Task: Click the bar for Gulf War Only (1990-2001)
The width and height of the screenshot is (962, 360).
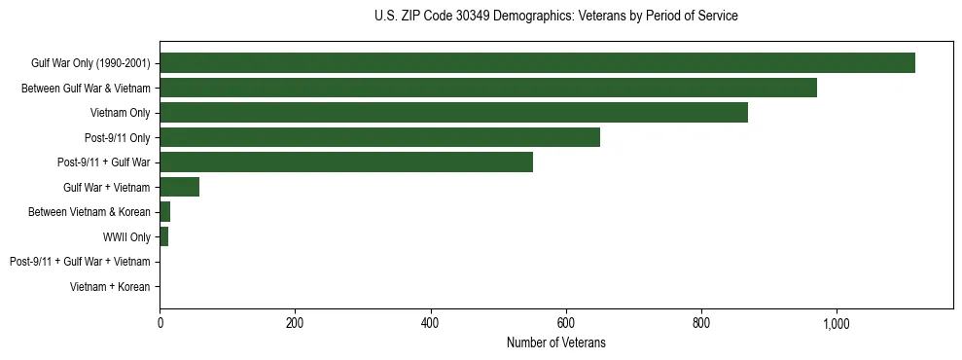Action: pyautogui.click(x=537, y=63)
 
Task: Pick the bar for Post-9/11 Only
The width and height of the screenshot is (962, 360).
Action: pyautogui.click(x=379, y=137)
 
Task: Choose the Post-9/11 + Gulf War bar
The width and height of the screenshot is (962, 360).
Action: pyautogui.click(x=346, y=162)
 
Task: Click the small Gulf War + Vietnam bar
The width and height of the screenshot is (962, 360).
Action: pyautogui.click(x=179, y=187)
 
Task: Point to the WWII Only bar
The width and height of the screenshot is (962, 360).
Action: pyautogui.click(x=164, y=236)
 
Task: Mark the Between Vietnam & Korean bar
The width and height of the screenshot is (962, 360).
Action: pyautogui.click(x=165, y=212)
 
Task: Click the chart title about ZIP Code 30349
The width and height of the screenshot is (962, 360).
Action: pyautogui.click(x=555, y=17)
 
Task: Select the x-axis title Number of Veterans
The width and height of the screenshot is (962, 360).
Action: pyautogui.click(x=555, y=342)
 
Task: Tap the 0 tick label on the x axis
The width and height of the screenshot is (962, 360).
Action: pyautogui.click(x=160, y=324)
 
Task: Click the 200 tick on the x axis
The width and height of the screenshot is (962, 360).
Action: pyautogui.click(x=295, y=324)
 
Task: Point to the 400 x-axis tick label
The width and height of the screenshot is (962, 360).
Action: pyautogui.click(x=430, y=324)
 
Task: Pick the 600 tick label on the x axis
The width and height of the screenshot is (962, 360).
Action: pyautogui.click(x=565, y=324)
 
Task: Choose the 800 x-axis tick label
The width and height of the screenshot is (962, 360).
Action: pyautogui.click(x=700, y=324)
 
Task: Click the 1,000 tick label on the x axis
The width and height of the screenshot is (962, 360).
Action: pyautogui.click(x=836, y=324)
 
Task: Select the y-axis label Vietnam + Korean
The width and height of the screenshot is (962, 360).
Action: pyautogui.click(x=110, y=287)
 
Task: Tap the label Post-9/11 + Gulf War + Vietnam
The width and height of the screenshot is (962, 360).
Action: pyautogui.click(x=80, y=262)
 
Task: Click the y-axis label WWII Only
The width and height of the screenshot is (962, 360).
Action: pyautogui.click(x=126, y=236)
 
